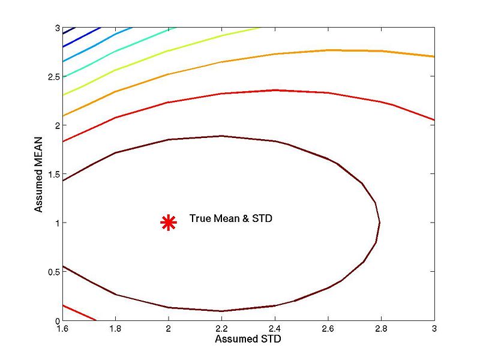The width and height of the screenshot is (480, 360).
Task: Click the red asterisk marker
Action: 169,223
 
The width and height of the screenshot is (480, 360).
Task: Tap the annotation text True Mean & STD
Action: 231,219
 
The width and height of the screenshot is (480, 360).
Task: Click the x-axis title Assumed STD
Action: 248,339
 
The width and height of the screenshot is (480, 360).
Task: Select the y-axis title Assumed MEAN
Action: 38,175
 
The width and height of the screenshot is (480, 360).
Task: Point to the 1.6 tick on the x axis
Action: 62,329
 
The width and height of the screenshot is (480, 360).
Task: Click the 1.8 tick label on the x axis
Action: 115,329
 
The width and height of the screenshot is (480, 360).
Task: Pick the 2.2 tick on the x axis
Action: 221,329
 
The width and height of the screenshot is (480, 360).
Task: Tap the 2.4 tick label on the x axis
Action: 275,329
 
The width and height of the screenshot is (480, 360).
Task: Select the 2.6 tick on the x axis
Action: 328,329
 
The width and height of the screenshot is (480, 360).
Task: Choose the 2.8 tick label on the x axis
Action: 381,329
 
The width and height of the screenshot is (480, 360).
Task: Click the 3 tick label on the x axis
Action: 434,329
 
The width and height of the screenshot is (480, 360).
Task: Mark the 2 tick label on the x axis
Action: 169,329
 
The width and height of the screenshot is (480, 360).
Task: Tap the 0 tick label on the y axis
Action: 56,320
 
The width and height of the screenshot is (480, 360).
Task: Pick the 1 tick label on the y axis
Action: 56,223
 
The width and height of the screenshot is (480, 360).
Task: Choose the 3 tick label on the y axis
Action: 56,28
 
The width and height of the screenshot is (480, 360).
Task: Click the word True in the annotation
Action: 199,219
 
